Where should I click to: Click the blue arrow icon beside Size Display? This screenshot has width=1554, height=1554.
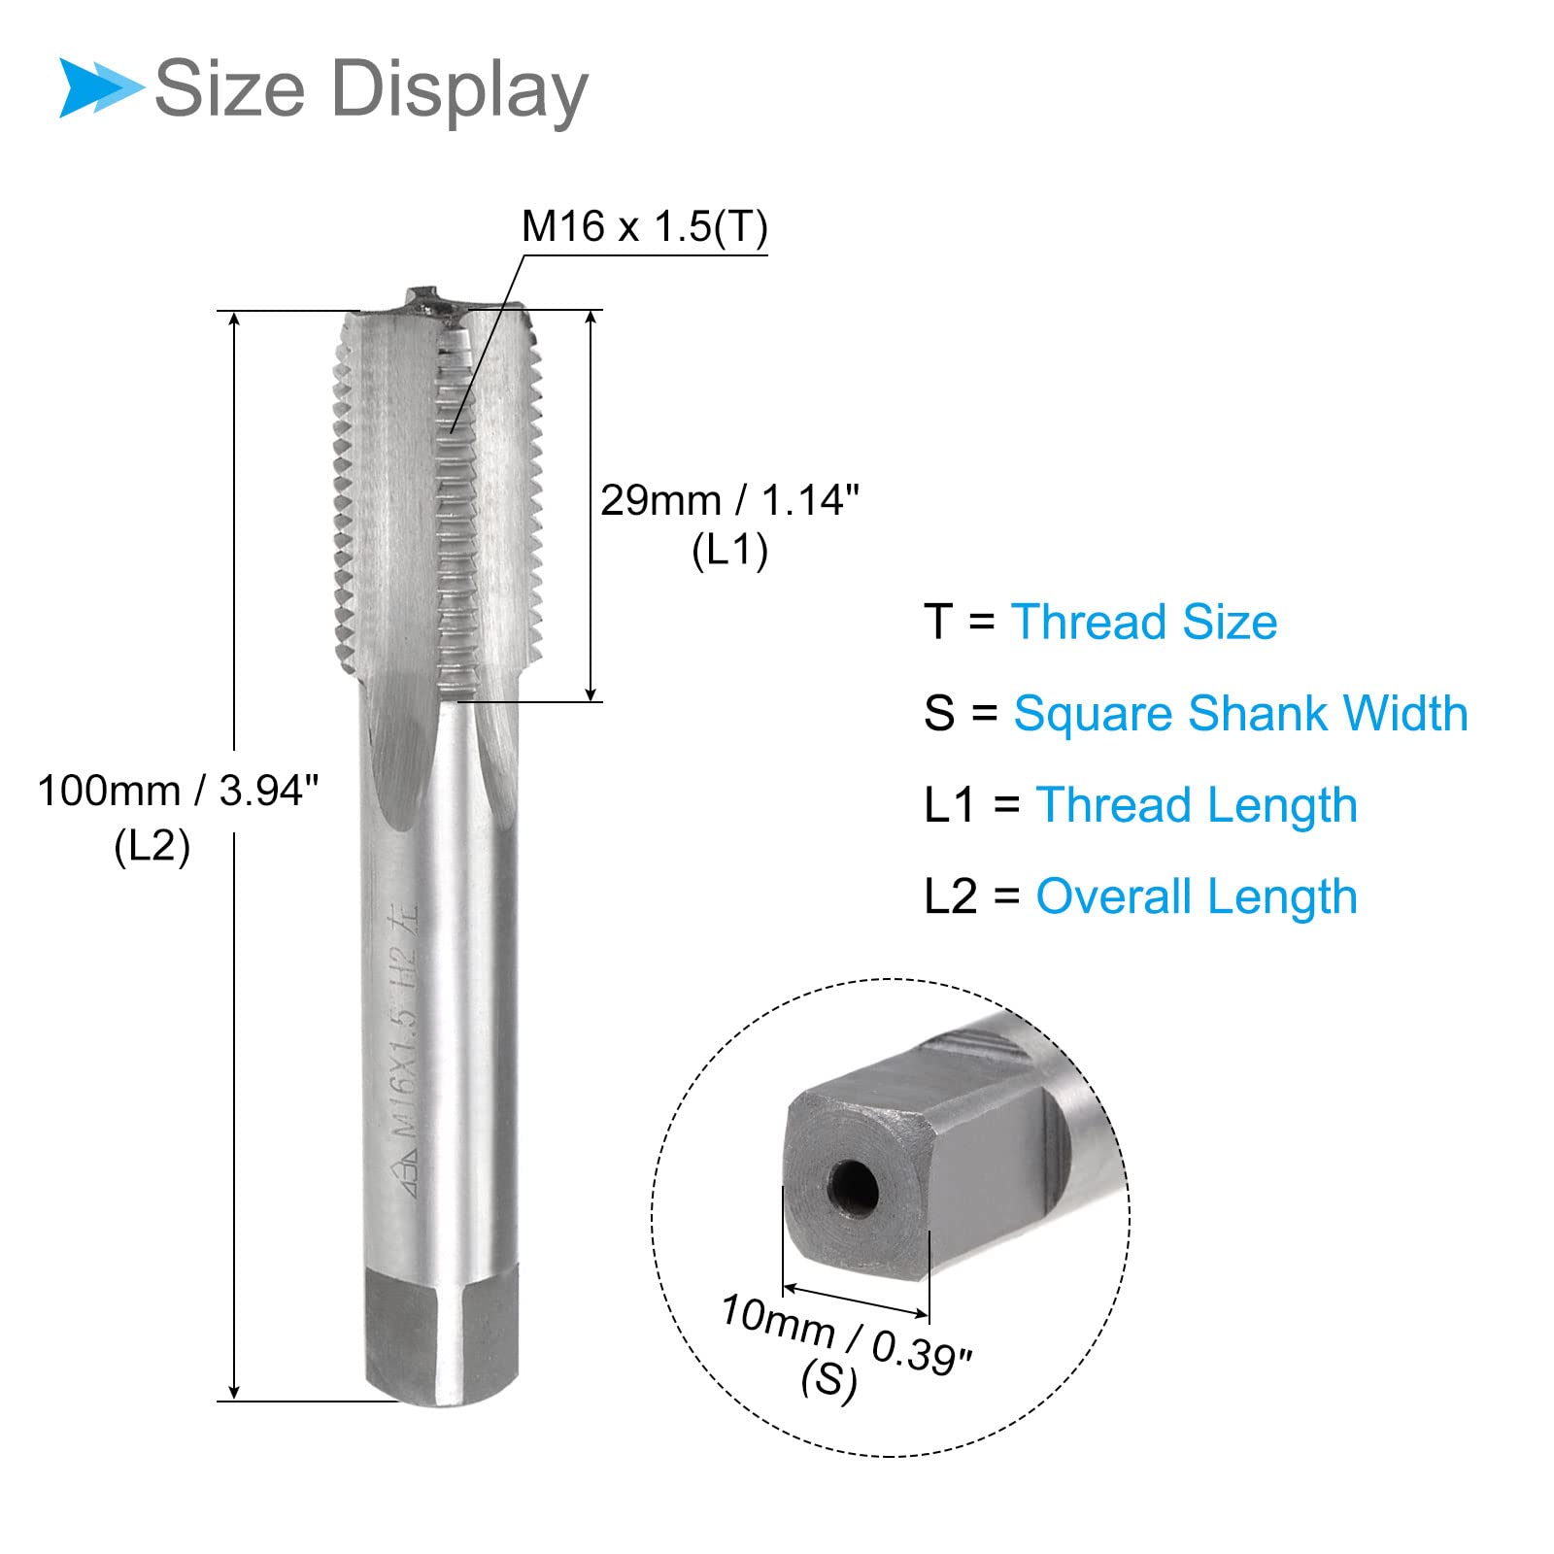(101, 88)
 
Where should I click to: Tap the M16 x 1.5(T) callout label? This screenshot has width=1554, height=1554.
(645, 226)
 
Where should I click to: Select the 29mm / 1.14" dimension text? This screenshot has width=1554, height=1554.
(730, 500)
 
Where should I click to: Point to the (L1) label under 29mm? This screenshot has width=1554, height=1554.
(730, 551)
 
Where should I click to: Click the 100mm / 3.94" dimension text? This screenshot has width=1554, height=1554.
(179, 791)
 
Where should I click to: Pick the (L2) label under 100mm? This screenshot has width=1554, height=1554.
(152, 846)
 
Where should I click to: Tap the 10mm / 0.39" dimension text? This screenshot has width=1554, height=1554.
(845, 1334)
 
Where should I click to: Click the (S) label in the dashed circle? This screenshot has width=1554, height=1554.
(829, 1379)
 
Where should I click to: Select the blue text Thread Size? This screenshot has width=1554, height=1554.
(1144, 622)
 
